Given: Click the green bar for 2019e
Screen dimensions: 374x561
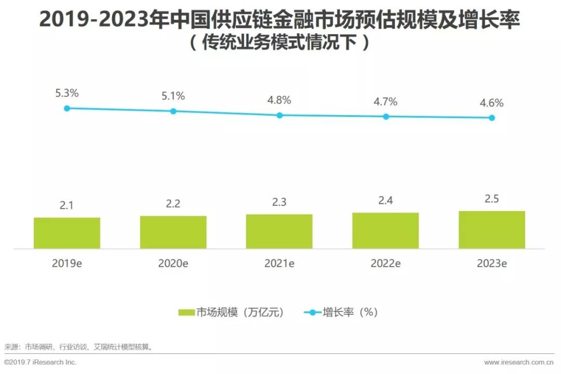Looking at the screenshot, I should tap(67, 233).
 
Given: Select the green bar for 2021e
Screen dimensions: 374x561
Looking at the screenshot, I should tap(279, 231).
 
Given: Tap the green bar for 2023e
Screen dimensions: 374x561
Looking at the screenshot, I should tap(491, 230).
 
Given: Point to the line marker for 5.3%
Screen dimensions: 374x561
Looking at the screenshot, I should tap(67, 108).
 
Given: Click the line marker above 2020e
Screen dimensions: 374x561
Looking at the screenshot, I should tap(173, 111).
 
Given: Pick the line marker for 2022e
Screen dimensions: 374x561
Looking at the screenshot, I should tap(386, 117).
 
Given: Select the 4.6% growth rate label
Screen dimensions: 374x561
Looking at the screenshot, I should tap(491, 103).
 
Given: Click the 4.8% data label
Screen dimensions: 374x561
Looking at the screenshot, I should tap(279, 100).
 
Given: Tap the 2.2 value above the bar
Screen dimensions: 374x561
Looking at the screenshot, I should tap(173, 204).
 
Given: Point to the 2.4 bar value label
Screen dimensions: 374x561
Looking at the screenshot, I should tap(385, 201).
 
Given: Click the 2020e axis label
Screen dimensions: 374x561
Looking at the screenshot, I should tap(173, 264).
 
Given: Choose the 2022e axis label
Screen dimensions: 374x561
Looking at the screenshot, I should tap(385, 264).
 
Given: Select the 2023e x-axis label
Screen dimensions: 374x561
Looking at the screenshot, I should tap(491, 264).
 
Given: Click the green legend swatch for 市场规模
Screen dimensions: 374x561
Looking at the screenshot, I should tap(186, 312).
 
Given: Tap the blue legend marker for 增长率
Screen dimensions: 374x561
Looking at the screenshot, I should tap(313, 312).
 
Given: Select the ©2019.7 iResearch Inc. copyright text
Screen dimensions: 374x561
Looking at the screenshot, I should tap(40, 362).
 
